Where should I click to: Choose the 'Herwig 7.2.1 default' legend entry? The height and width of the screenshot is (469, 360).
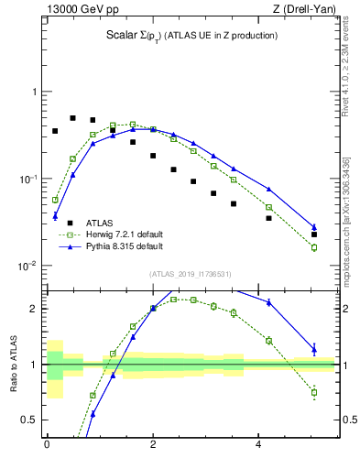[x=124, y=234]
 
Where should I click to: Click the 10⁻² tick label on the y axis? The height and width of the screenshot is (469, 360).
[x=30, y=266]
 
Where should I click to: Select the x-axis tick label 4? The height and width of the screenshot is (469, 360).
[x=259, y=444]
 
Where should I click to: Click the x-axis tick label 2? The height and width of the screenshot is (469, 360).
[x=153, y=444]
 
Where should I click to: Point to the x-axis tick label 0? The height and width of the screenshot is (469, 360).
[x=47, y=444]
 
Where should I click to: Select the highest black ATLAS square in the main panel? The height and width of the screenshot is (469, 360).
[x=73, y=118]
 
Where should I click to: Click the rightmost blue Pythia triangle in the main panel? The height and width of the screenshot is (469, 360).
[x=314, y=227]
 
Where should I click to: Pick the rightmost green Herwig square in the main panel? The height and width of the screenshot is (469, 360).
[x=314, y=247]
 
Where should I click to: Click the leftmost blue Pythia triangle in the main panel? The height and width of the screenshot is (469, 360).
[x=55, y=216]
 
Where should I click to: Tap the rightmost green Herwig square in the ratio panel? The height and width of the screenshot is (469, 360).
[x=314, y=392]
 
